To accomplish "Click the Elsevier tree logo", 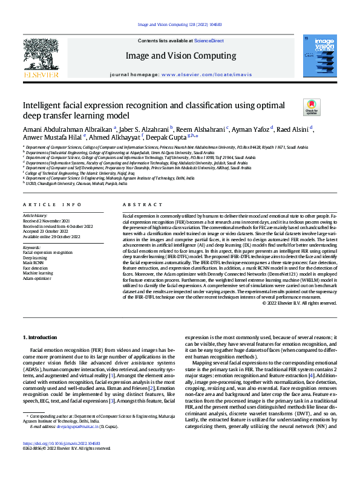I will [41, 59].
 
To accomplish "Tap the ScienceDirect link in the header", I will [209, 41].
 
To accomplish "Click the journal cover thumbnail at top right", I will [319, 57].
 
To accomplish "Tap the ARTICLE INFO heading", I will [51, 205].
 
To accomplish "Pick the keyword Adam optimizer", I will [38, 280].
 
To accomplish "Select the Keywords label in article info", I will [31, 247].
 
